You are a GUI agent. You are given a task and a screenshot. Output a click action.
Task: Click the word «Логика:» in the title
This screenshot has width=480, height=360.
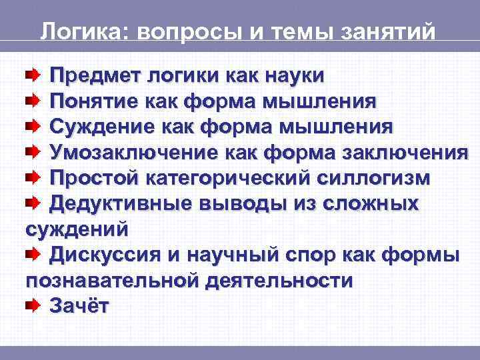[78, 31]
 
